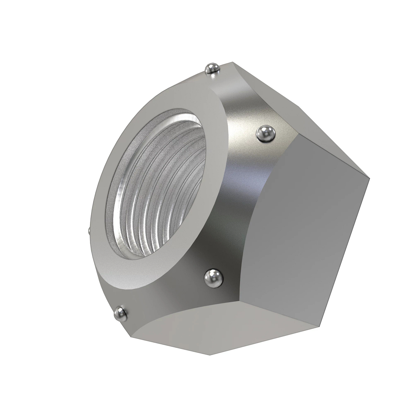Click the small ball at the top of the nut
212,69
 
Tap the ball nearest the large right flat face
266,134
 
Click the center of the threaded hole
157,183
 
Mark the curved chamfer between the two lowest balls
162,297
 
